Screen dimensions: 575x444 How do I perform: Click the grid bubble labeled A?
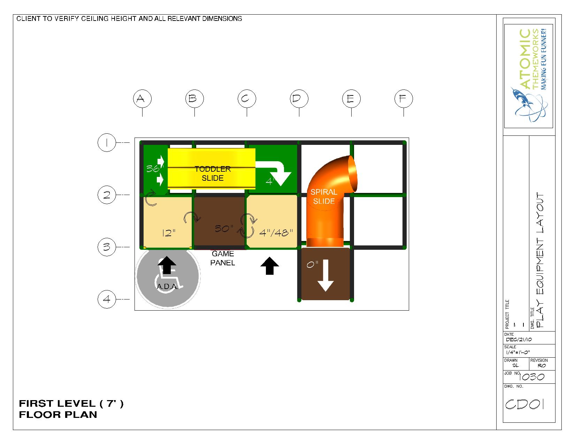point(143,99)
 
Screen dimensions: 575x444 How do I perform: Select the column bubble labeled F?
point(404,99)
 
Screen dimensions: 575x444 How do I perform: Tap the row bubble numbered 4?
point(107,299)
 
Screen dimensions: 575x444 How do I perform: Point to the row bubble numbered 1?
point(107,142)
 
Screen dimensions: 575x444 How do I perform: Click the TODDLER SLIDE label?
point(213,173)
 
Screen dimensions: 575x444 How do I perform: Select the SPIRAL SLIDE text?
point(324,196)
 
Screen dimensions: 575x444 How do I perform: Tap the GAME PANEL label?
point(223,258)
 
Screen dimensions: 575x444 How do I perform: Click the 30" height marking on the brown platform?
point(224,228)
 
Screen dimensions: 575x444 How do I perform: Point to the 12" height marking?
point(169,233)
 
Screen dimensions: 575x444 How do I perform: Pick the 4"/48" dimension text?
point(276,233)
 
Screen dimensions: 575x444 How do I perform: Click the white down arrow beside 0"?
point(325,275)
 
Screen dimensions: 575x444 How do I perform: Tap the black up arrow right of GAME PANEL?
point(270,266)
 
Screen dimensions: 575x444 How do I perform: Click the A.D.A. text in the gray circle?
point(168,286)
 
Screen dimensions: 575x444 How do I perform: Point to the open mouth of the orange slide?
point(352,173)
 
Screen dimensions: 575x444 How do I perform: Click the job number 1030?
point(531,376)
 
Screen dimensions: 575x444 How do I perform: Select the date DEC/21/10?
point(519,339)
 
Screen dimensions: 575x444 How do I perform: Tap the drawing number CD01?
point(524,404)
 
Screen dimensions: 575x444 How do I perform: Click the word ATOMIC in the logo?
point(526,59)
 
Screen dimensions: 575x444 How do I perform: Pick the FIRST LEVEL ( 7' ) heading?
point(71,404)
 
